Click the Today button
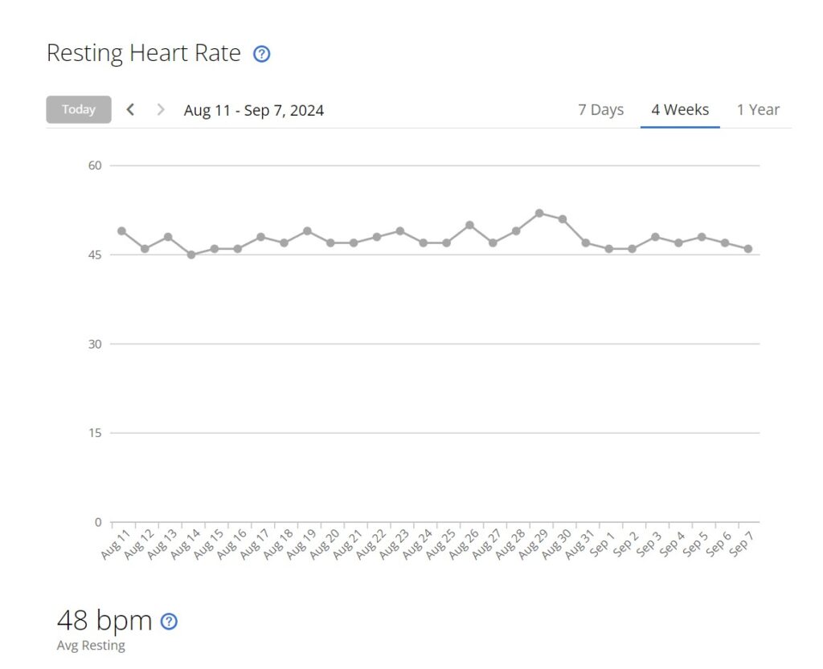79,110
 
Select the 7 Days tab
600,110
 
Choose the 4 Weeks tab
680,110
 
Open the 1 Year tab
758,110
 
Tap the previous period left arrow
131,110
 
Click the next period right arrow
161,110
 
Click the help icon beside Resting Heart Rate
262,55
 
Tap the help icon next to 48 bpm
169,621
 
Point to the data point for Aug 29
539,213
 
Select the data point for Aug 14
191,255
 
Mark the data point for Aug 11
121,231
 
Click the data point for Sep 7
748,249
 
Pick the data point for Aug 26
469,225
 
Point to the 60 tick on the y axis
96,165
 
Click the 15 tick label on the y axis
96,434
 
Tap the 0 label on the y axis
98,522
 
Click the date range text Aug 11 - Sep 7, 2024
254,111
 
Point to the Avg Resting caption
91,646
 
